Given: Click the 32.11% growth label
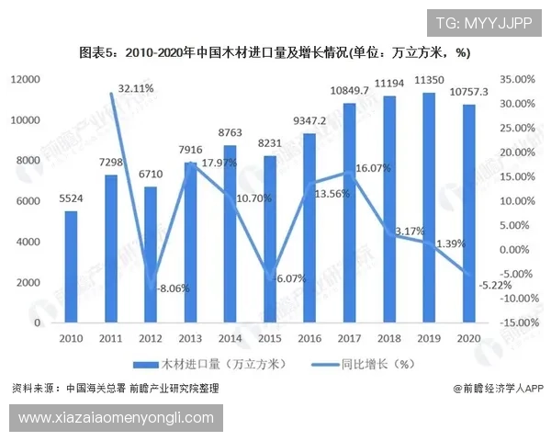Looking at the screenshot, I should coord(135,88).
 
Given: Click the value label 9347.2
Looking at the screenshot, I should coord(309,120).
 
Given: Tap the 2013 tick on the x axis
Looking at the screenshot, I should coord(190,338).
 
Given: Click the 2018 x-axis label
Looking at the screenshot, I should coord(388,338).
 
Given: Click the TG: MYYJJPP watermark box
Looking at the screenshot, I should coord(483,23).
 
